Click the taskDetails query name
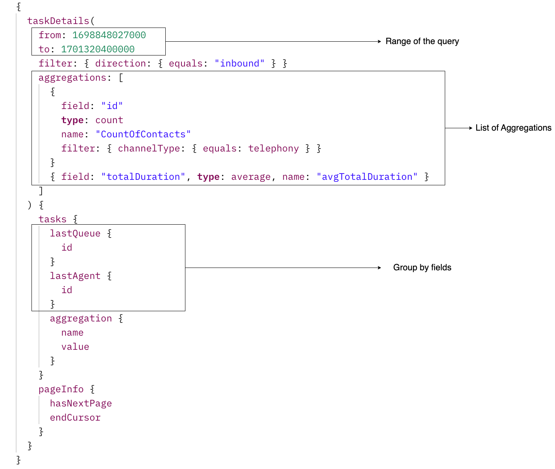(58, 21)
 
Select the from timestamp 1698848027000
(109, 35)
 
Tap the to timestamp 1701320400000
(98, 49)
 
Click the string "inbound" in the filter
(240, 63)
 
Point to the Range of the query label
(422, 41)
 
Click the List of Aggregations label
(513, 128)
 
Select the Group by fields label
(422, 268)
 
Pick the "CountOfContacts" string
(143, 134)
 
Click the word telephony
(274, 148)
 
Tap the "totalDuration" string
(143, 177)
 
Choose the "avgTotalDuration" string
(367, 177)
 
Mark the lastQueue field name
(75, 233)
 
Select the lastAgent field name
(75, 276)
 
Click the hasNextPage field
(81, 403)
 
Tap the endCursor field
(75, 417)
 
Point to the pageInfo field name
(61, 389)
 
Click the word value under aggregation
(75, 347)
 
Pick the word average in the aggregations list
(251, 177)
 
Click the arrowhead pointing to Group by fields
(379, 268)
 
